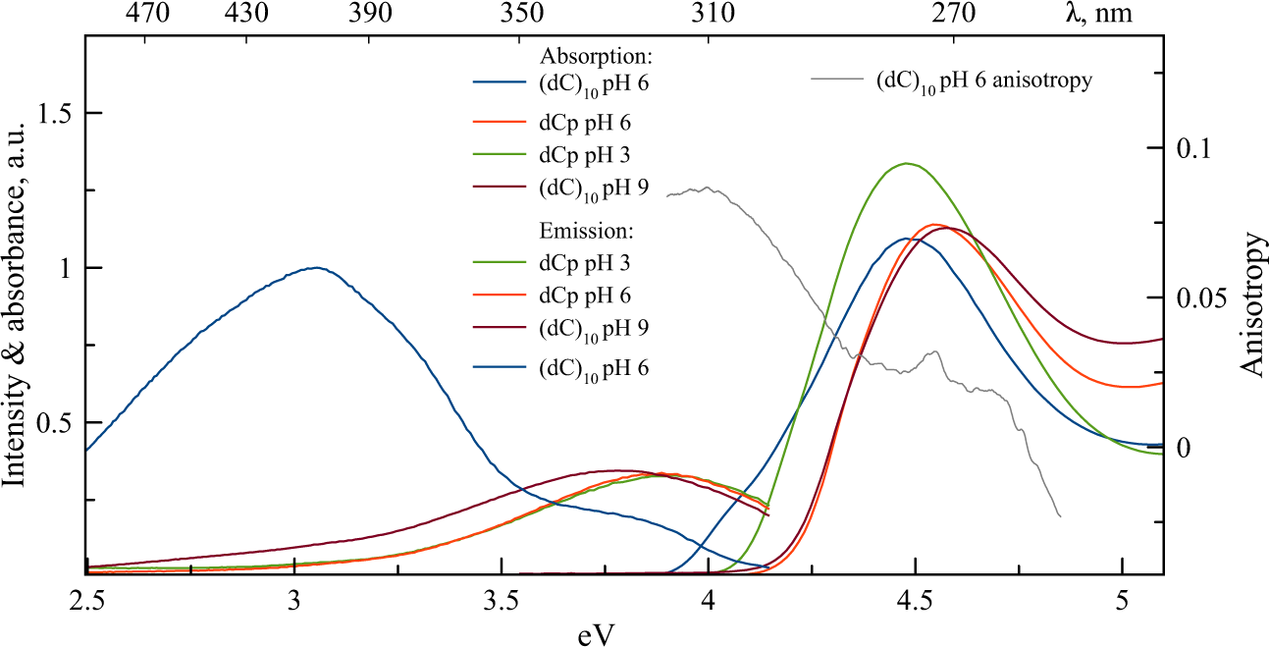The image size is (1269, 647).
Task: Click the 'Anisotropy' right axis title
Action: [x=1250, y=304]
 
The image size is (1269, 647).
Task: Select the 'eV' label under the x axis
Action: [x=596, y=633]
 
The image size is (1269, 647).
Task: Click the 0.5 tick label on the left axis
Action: [x=55, y=422]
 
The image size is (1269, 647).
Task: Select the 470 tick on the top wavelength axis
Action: [x=149, y=14]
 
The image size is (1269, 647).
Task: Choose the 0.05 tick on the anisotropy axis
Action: [x=1205, y=297]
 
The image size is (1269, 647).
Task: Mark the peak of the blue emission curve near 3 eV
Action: [x=315, y=267]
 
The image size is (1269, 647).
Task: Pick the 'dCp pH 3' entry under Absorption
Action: [x=584, y=154]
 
